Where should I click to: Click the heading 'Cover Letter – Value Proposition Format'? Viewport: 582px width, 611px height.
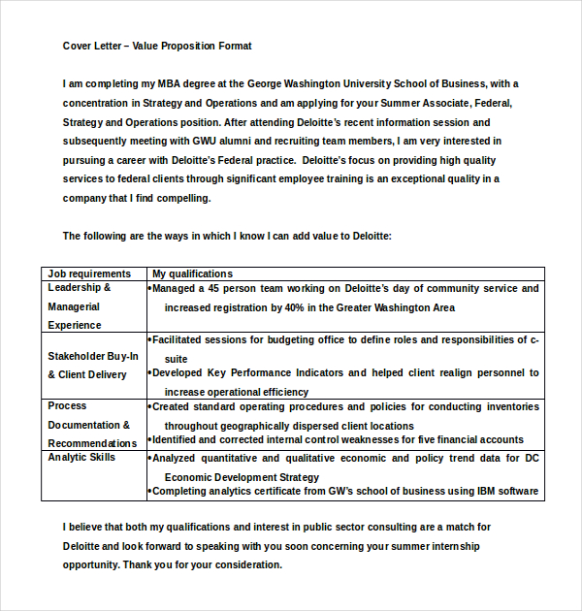(157, 46)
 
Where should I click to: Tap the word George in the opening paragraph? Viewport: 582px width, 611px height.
(266, 83)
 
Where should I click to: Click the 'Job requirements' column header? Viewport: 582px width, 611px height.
(89, 273)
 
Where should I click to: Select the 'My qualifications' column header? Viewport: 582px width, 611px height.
(192, 273)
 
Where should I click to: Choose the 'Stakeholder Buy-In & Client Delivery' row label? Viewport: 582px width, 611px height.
(93, 365)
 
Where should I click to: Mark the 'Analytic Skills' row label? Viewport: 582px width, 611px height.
(81, 457)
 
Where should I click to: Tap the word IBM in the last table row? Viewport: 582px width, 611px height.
(464, 491)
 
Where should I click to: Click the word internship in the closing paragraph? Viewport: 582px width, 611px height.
(435, 546)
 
